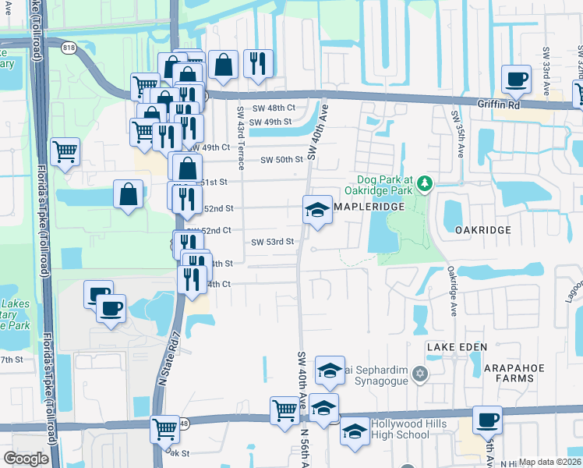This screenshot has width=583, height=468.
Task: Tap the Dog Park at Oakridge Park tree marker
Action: point(425,184)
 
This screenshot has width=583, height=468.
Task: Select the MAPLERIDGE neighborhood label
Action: point(369,207)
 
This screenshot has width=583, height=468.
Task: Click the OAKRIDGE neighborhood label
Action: point(483,230)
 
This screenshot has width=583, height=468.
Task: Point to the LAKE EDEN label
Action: point(457,346)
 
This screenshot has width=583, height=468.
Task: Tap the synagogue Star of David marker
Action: point(421,374)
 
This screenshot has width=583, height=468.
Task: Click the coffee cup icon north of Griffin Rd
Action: point(517,79)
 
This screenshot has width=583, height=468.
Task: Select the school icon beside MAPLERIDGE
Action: point(317,209)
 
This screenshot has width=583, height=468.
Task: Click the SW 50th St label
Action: point(281,159)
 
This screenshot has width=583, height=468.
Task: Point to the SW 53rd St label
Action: point(271,242)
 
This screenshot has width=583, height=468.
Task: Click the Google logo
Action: point(26,459)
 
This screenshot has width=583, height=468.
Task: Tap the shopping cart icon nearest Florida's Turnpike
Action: point(65,151)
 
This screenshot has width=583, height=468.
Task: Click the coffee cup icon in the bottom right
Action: point(487,420)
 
